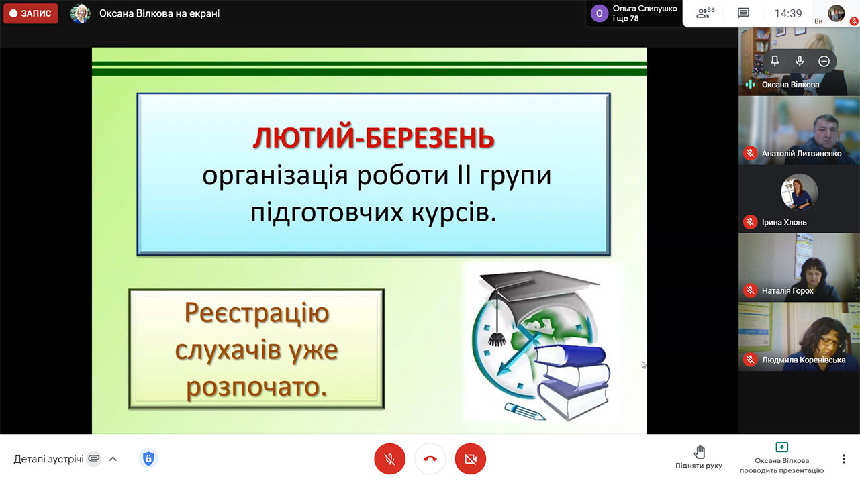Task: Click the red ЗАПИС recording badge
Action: [x=31, y=14]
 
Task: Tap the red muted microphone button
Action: [x=389, y=459]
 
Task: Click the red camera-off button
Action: [x=471, y=459]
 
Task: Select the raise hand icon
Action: [x=699, y=452]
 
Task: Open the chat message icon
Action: [x=743, y=13]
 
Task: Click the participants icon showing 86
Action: [x=705, y=13]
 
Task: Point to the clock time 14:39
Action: [x=787, y=14]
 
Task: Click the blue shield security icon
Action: [x=148, y=458]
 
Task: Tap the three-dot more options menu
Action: [x=843, y=459]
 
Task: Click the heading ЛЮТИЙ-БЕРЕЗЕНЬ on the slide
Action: [x=373, y=138]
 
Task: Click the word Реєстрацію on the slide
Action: [x=257, y=313]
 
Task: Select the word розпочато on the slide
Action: [x=253, y=386]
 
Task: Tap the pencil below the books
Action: [x=525, y=411]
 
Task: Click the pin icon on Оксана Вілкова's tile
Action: [x=775, y=61]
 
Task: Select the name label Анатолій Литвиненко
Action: [x=802, y=154]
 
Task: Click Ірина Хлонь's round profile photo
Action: [x=799, y=192]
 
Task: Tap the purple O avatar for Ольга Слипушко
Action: [x=599, y=14]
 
